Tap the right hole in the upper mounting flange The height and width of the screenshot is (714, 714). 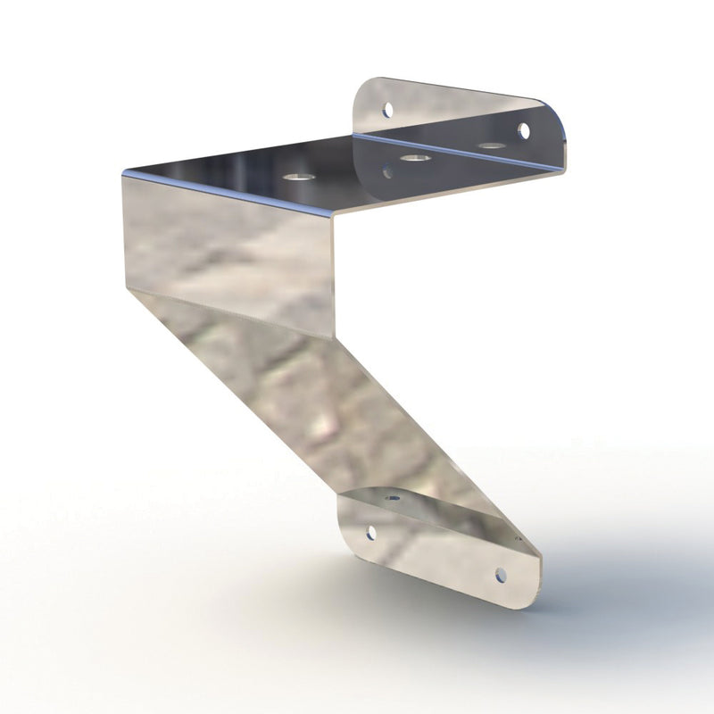[524, 132]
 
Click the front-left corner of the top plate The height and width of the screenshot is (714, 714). [123, 173]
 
